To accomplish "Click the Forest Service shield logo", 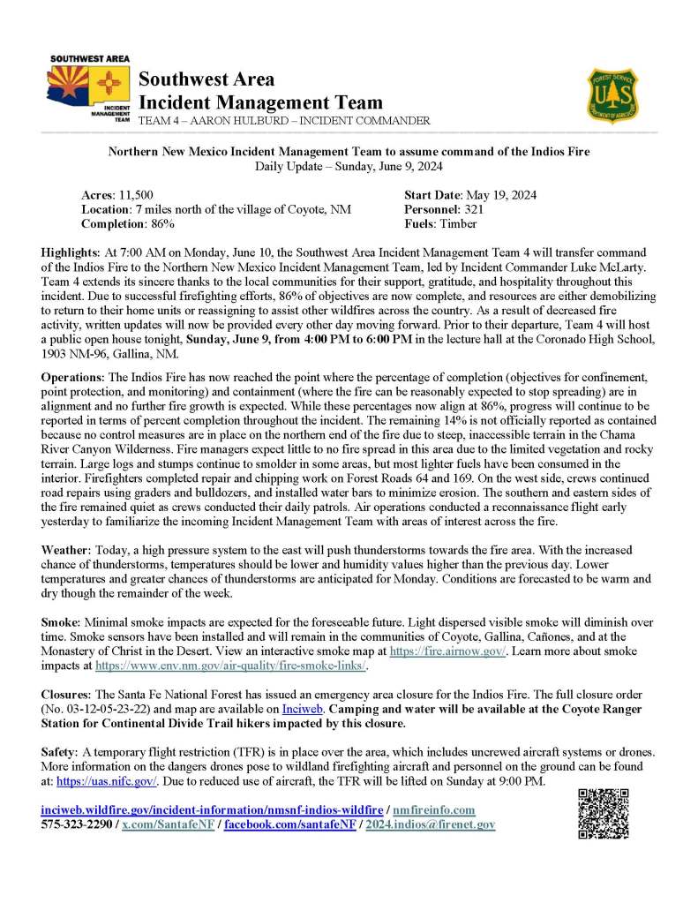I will [615, 94].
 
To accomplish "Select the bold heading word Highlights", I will [71, 252].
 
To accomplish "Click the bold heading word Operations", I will [72, 377].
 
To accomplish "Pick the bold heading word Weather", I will [64, 549].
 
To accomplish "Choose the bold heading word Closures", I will [67, 684].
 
